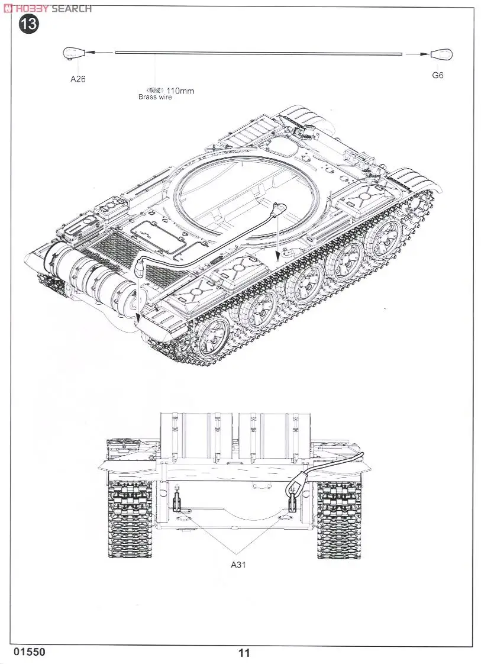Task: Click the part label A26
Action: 78,79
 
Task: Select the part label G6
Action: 438,75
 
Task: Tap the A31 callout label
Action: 238,565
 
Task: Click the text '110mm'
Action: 180,91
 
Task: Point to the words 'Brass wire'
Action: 155,97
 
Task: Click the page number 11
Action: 244,653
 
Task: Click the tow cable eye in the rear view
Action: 292,488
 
